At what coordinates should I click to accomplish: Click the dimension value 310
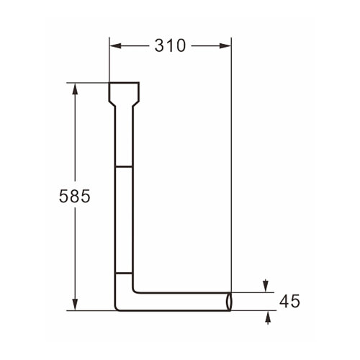[x=170, y=45]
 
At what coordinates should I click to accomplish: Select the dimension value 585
[x=74, y=197]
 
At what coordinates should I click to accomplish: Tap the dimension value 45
[x=289, y=302]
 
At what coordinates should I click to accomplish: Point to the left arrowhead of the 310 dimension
[x=115, y=45]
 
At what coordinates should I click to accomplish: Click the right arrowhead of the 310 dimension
[x=225, y=45]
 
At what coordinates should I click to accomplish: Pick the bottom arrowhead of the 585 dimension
[x=74, y=305]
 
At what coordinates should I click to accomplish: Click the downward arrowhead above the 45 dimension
[x=267, y=287]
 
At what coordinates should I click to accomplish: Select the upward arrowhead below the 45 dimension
[x=267, y=316]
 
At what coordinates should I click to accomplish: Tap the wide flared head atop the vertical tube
[x=124, y=91]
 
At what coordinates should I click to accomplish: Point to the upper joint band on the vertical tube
[x=124, y=166]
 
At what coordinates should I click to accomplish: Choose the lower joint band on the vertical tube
[x=124, y=274]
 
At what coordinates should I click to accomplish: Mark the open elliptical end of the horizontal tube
[x=229, y=302]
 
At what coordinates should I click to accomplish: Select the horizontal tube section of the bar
[x=180, y=302]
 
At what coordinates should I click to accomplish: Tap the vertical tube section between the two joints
[x=124, y=220]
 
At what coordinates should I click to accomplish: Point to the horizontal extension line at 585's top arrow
[x=90, y=83]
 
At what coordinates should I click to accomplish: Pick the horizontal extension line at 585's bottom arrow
[x=90, y=311]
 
